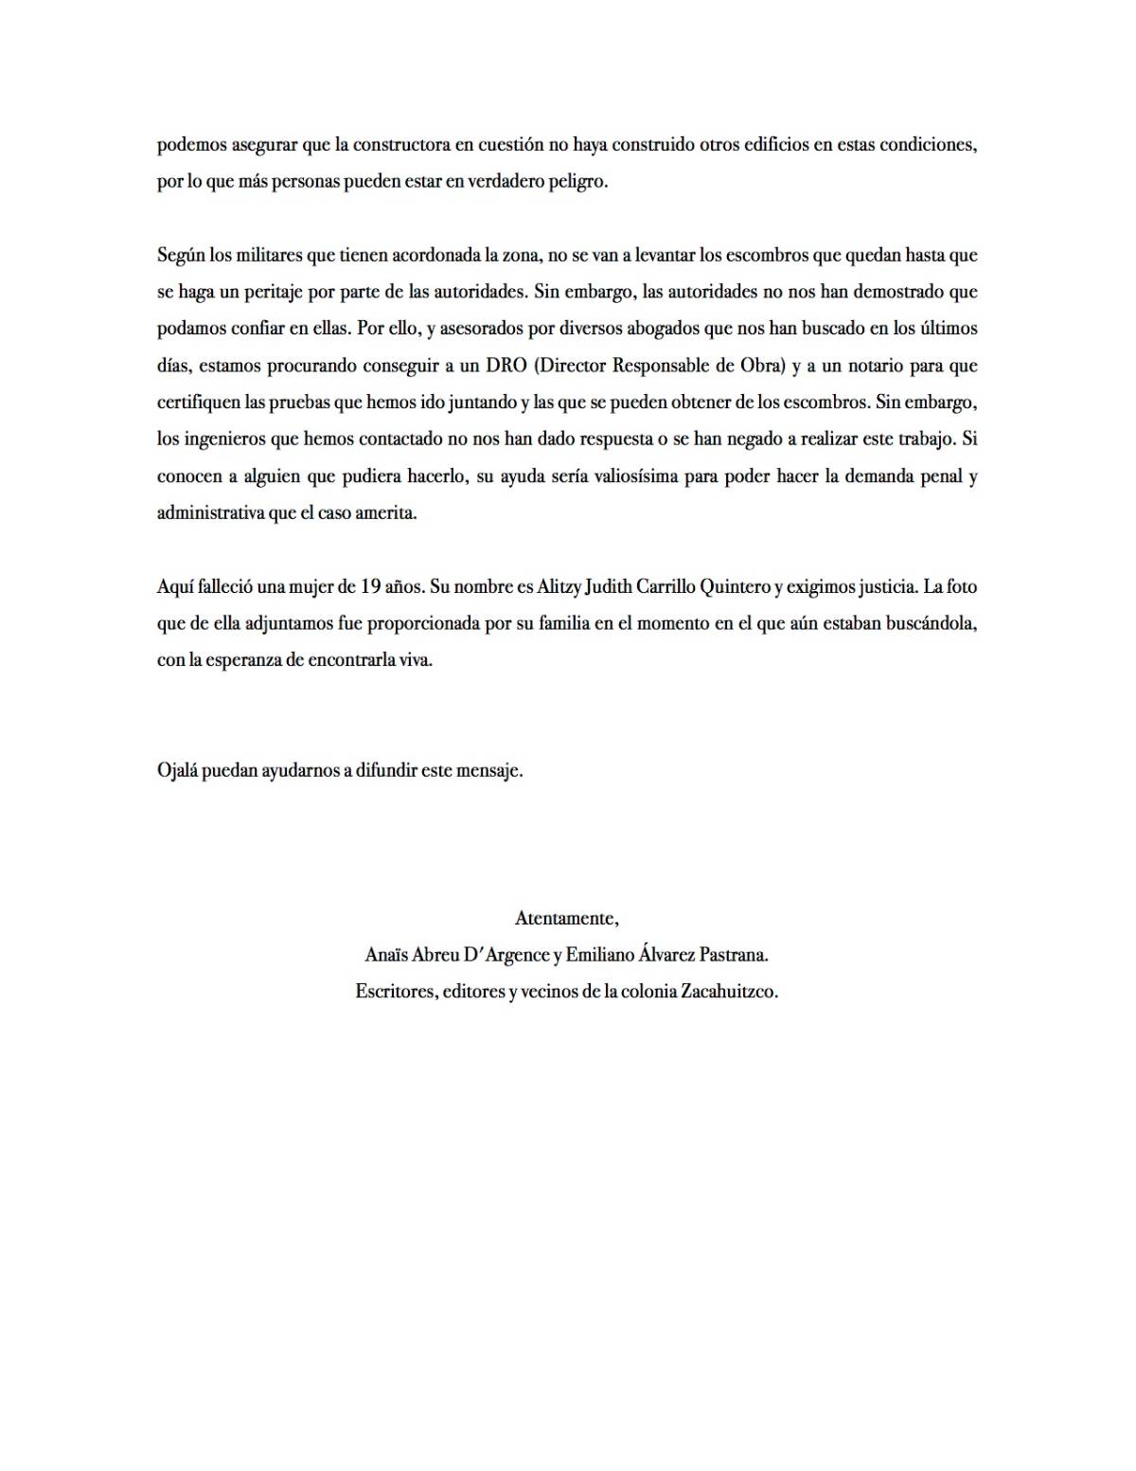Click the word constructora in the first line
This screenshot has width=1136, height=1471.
(400, 145)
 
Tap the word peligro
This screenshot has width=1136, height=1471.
(575, 182)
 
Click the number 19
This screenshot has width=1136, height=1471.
(371, 587)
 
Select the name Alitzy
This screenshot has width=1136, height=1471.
(559, 587)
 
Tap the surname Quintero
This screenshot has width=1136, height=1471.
(735, 587)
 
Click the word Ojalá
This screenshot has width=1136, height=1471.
(178, 771)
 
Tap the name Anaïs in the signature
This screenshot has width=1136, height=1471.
(387, 955)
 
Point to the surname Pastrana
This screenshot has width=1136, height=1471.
(734, 955)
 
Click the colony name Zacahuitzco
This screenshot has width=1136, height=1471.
(729, 992)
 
